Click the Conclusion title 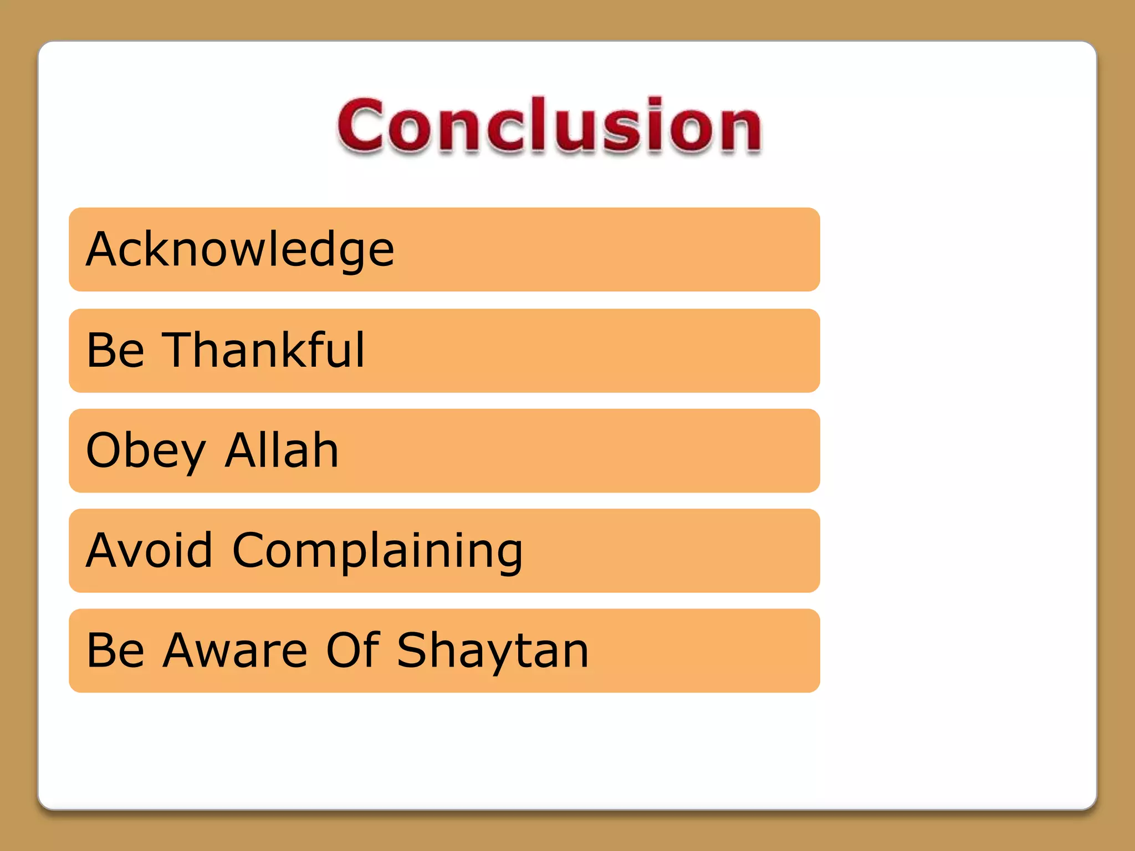(x=550, y=126)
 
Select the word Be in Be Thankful (x=115, y=350)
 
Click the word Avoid (x=149, y=550)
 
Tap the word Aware (x=235, y=651)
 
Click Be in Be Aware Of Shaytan (x=115, y=651)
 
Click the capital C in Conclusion (x=360, y=126)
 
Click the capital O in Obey (x=106, y=450)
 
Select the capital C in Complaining (x=251, y=550)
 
